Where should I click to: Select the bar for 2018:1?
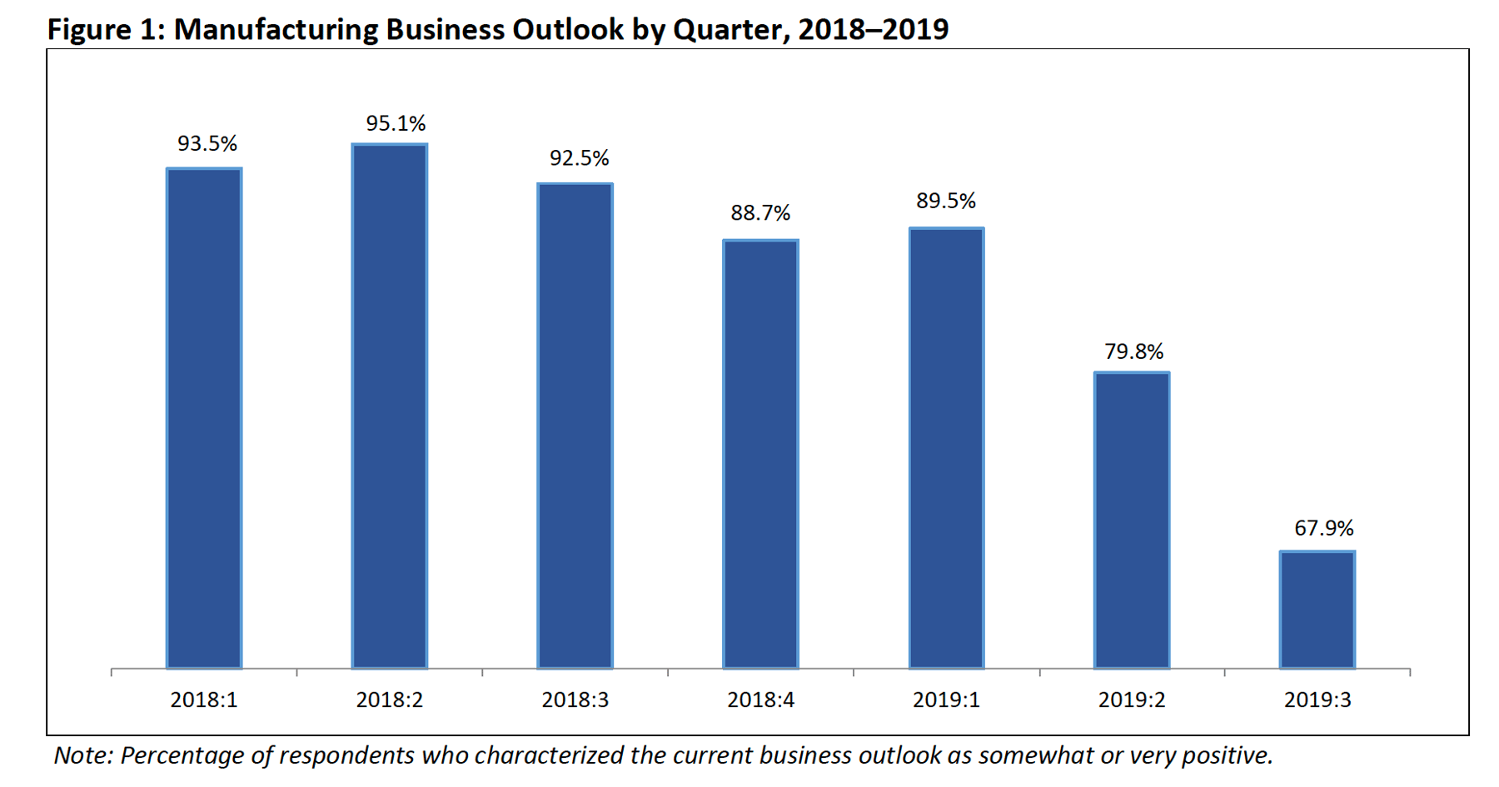[x=204, y=418]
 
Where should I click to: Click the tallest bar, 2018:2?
[x=390, y=406]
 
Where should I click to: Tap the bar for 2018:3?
[x=575, y=426]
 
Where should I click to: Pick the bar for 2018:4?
[x=760, y=454]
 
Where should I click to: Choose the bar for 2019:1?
[x=946, y=448]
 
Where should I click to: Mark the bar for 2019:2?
[x=1132, y=521]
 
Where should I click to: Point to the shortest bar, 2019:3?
[x=1317, y=610]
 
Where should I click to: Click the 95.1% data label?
[x=396, y=123]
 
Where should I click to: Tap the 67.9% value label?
[x=1323, y=528]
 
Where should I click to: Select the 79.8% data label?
[x=1133, y=351]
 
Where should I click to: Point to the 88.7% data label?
[x=760, y=213]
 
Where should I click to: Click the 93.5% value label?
[x=207, y=144]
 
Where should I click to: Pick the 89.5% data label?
[x=946, y=201]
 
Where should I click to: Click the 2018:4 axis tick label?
[x=760, y=700]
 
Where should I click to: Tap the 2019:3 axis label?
[x=1317, y=700]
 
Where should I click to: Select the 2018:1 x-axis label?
[x=204, y=700]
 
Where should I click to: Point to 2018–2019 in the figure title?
[x=873, y=29]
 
